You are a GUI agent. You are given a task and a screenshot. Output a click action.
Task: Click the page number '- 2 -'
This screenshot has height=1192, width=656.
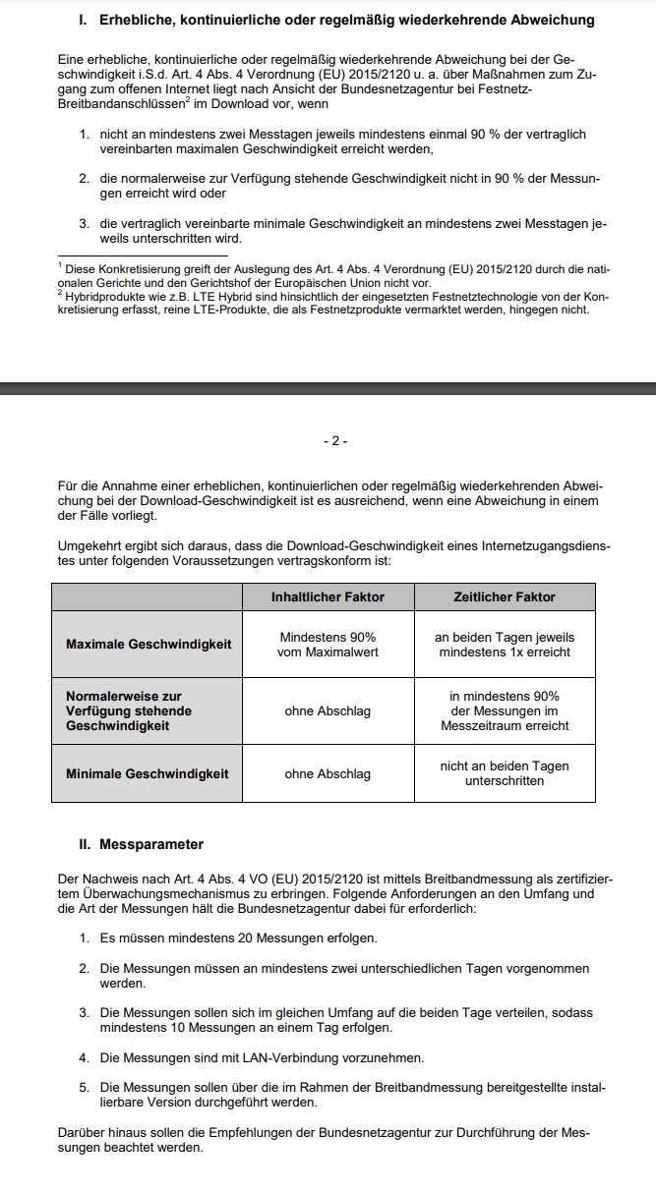[x=335, y=441]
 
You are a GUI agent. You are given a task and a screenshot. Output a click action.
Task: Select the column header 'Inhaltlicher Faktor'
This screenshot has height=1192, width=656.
[x=328, y=596]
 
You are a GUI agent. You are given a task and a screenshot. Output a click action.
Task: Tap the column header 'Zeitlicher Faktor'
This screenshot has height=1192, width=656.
[x=505, y=596]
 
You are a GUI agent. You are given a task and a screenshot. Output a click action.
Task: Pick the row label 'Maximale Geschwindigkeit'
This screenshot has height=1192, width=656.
[x=149, y=644]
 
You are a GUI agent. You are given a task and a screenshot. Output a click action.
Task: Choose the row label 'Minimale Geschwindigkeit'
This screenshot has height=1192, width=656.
[x=147, y=773]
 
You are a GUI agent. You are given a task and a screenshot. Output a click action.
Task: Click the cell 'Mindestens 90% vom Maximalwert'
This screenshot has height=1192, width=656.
[x=328, y=644]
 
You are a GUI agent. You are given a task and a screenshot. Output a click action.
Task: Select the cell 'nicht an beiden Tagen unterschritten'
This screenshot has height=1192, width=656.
[x=505, y=773]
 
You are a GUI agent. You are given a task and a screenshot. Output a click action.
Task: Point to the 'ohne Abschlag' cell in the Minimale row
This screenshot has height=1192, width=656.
[x=328, y=773]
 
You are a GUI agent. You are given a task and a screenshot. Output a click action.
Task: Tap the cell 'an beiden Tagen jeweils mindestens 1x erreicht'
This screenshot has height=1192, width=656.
[x=505, y=644]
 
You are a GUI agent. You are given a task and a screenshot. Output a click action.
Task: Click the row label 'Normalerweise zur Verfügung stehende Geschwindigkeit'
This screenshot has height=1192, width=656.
[x=129, y=710]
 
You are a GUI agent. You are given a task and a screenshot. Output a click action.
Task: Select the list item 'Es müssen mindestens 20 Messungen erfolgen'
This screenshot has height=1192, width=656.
[x=239, y=938]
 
